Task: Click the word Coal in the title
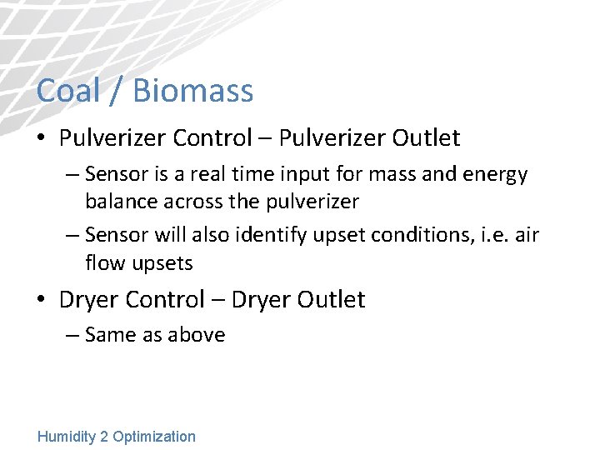[x=68, y=90]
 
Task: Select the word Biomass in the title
[x=192, y=90]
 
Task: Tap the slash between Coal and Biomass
[x=116, y=90]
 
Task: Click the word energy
[x=493, y=175]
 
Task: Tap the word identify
[x=272, y=236]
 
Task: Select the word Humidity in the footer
[x=67, y=437]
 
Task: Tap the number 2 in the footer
[x=104, y=437]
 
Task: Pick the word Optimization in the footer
[x=154, y=437]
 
